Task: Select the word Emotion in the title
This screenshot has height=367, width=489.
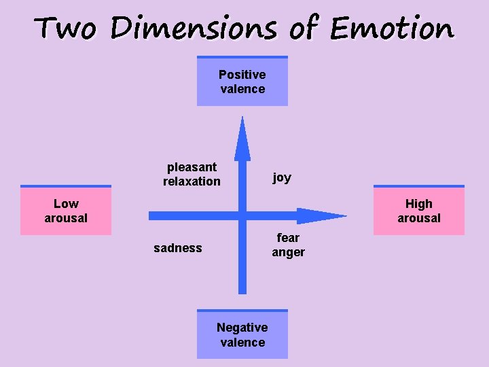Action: point(392,29)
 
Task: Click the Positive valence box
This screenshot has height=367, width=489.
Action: point(242,82)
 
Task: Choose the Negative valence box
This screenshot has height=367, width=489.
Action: point(242,334)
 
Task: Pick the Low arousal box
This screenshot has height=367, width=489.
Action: point(66,211)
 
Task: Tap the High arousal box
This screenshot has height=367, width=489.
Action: point(419,211)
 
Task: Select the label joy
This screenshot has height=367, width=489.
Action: point(282,177)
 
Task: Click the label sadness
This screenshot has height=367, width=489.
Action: point(178,248)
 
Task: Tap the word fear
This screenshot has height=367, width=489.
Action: point(288,238)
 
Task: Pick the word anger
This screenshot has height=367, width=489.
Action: point(289,252)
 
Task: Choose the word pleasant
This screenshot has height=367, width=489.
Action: point(192,167)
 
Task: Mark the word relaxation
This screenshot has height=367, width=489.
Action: point(192,181)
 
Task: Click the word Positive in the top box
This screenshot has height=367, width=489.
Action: point(242,74)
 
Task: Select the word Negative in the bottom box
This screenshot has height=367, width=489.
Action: point(242,328)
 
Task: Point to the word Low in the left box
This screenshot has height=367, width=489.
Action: point(66,204)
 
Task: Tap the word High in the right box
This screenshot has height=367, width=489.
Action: point(419,204)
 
